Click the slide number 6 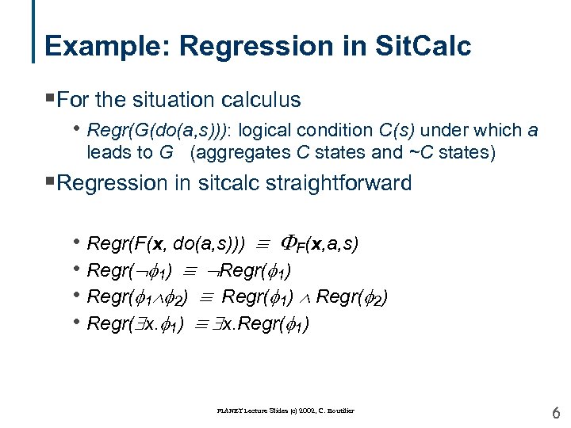[556, 411]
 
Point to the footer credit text [286, 411]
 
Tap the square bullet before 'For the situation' [50, 100]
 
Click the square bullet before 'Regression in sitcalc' [50, 183]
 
